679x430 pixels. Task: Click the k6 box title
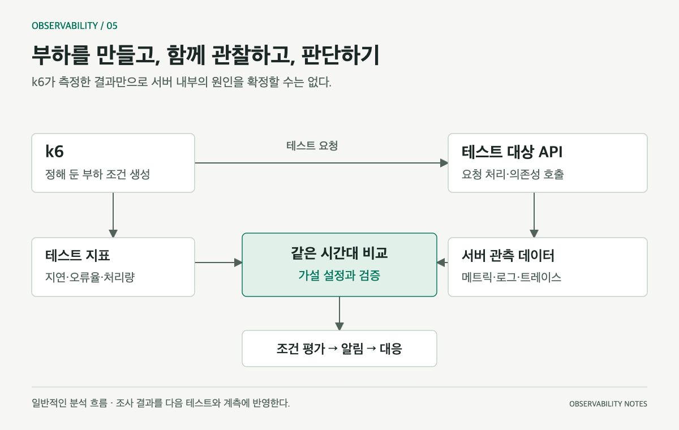[x=54, y=151]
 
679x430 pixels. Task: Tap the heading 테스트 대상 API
[x=512, y=152]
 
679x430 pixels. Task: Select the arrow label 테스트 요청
[x=312, y=146]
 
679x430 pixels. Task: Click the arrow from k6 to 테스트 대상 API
[x=321, y=163]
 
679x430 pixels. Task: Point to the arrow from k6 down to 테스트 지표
[x=113, y=215]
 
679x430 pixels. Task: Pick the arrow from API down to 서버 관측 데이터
[x=534, y=215]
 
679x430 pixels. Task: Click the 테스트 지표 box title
[x=78, y=256]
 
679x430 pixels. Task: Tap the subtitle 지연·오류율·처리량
[x=90, y=277]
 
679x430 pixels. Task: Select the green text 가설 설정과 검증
[x=339, y=275]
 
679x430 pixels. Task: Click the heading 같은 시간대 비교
[x=339, y=253]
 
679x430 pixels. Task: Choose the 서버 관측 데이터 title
[x=508, y=256]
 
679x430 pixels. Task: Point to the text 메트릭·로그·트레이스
[x=512, y=277]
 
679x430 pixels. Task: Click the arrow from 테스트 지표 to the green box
[x=218, y=263]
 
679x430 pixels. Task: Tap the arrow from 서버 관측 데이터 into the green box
[x=442, y=263]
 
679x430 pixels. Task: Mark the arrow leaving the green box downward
[x=339, y=313]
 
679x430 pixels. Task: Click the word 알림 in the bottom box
[x=352, y=349]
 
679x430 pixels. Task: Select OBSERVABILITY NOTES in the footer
[x=608, y=403]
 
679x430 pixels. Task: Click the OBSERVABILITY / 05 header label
[x=75, y=26]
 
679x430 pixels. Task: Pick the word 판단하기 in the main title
[x=341, y=55]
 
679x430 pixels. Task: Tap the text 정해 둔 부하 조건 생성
[x=97, y=174]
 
